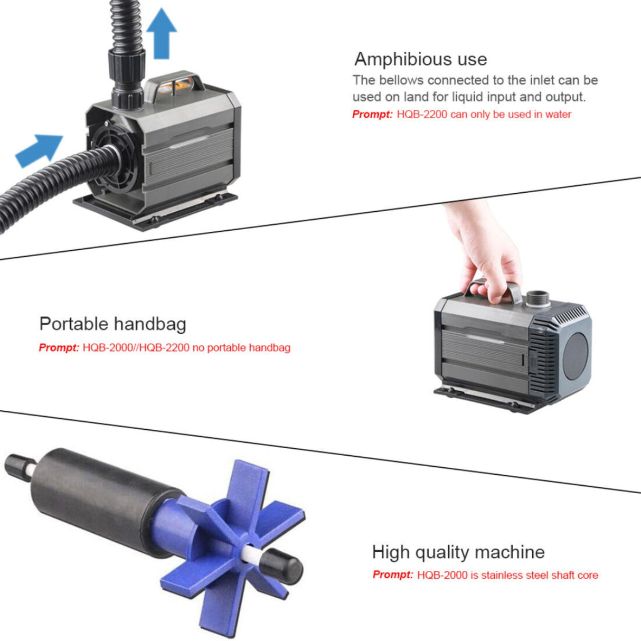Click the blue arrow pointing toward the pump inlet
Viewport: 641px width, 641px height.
40,150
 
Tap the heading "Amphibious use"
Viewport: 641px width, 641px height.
420,59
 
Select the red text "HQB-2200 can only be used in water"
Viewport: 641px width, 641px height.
484,114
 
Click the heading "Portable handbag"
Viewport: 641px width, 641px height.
112,324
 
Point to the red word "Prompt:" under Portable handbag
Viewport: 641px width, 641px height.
59,347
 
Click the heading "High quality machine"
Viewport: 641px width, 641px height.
458,552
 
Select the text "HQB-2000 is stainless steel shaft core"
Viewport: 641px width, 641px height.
507,575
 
